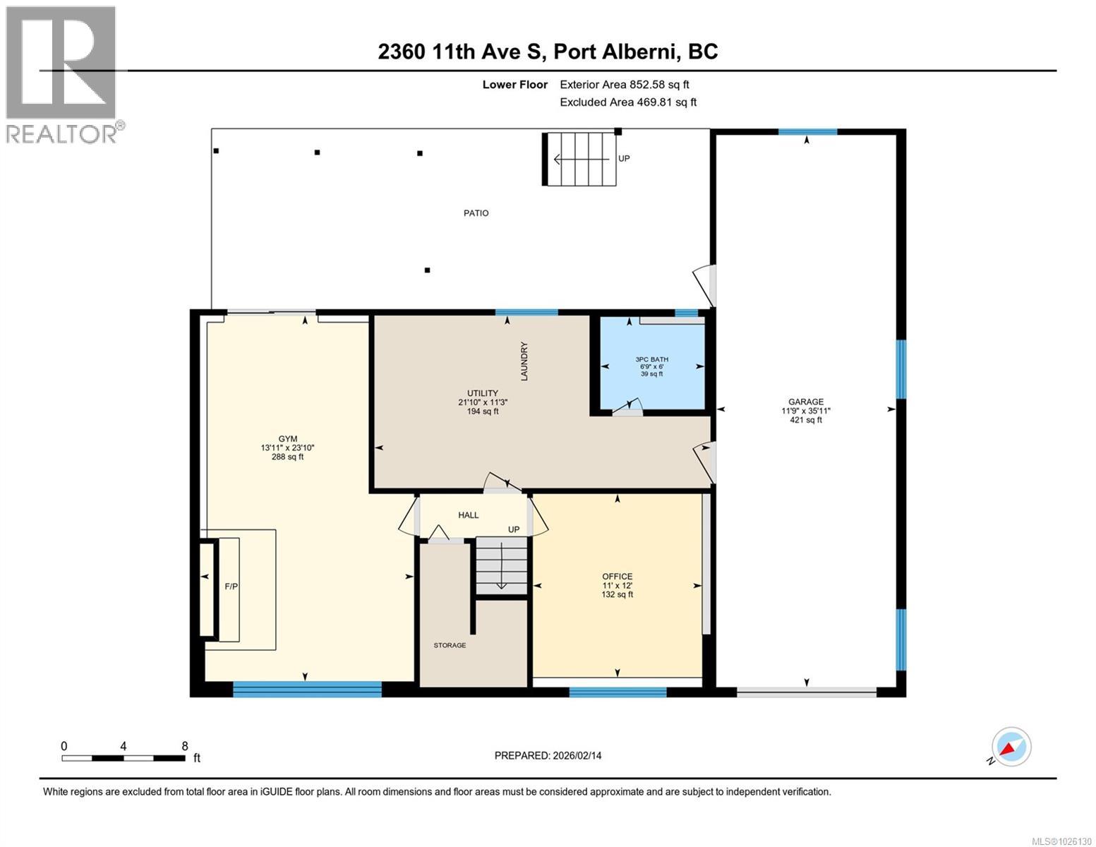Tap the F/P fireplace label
click(231, 587)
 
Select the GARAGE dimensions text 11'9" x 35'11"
click(806, 411)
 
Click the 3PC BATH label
click(651, 359)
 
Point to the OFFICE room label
click(617, 576)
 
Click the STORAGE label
click(450, 645)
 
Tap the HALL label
click(468, 515)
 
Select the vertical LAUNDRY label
click(524, 361)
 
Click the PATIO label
click(476, 212)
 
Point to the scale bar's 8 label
click(185, 746)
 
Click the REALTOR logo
click(63, 74)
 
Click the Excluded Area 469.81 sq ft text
click(628, 102)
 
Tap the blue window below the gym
click(307, 689)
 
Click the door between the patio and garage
click(706, 282)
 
